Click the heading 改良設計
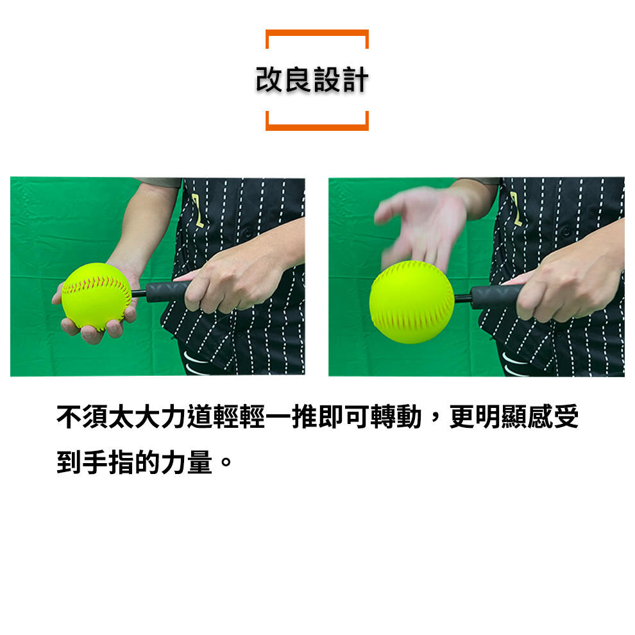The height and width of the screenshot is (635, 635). click(312, 80)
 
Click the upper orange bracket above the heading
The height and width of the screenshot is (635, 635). click(317, 31)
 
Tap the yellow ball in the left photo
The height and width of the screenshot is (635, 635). click(96, 296)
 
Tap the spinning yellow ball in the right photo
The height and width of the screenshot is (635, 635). click(412, 301)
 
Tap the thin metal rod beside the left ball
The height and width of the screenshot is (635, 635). click(139, 293)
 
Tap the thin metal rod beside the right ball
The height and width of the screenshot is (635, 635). click(462, 299)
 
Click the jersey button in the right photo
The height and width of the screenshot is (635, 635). click(566, 232)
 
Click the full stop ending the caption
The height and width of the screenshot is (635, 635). click(225, 462)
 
